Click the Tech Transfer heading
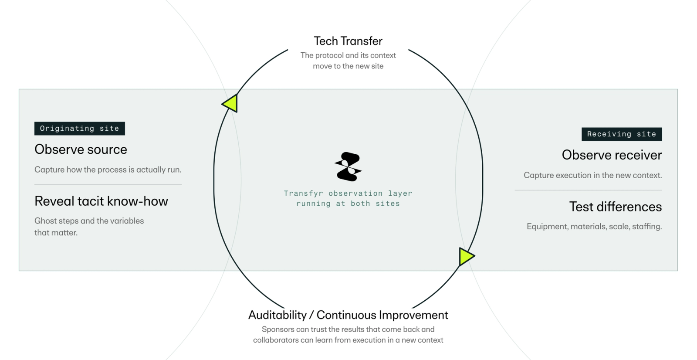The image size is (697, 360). (348, 41)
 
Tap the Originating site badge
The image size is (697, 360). (80, 128)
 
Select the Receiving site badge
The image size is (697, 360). (622, 134)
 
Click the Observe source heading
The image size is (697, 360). (81, 149)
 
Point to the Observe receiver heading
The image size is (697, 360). (612, 155)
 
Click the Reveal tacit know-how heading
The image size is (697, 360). (101, 201)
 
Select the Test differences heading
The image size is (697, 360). (616, 207)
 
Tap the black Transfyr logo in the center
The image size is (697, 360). (348, 166)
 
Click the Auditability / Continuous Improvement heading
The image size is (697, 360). (348, 315)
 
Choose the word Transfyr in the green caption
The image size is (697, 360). (303, 194)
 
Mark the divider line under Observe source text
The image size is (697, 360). (108, 184)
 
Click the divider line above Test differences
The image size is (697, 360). (589, 190)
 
